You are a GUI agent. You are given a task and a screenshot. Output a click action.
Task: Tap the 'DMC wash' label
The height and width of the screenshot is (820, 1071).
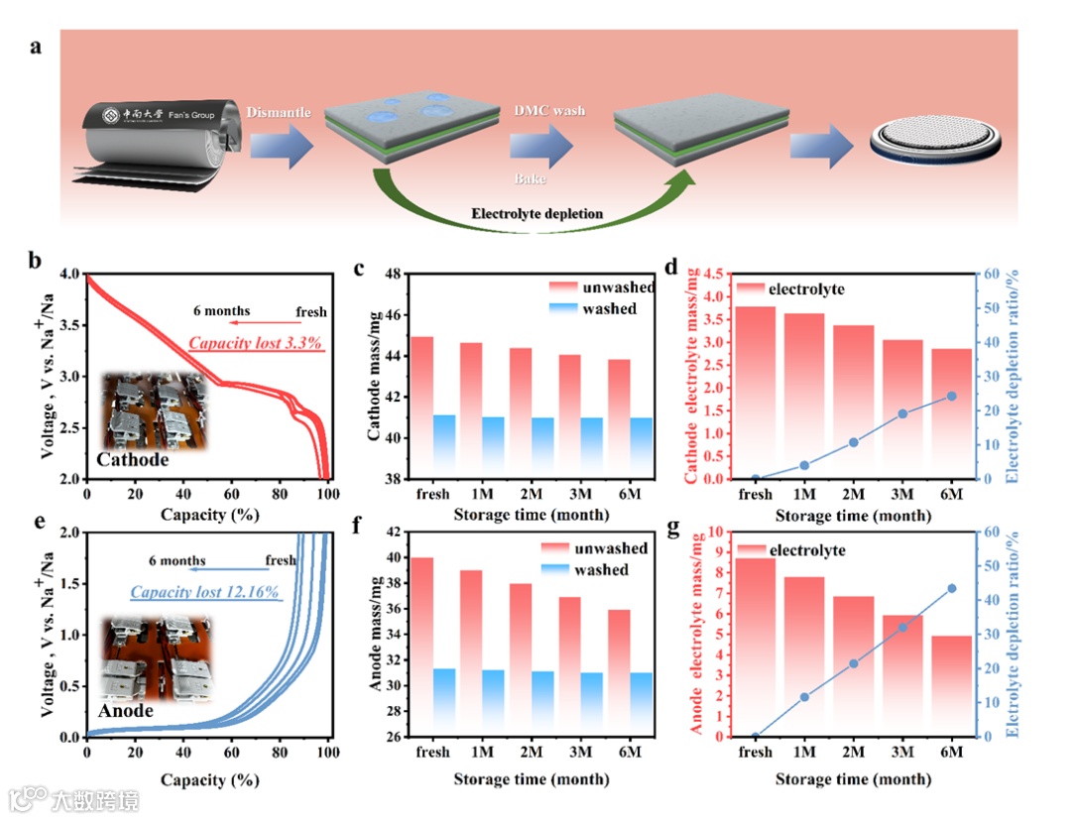click(x=548, y=111)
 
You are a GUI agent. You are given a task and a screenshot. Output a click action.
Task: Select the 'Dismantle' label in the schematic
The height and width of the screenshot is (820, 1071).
click(x=278, y=112)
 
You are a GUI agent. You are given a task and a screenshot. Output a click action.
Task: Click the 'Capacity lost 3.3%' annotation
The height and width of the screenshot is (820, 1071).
click(x=256, y=344)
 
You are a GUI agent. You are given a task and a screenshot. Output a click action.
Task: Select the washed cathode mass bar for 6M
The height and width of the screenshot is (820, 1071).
click(x=642, y=447)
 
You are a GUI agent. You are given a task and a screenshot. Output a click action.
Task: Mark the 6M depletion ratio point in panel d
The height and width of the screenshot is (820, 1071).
click(x=951, y=396)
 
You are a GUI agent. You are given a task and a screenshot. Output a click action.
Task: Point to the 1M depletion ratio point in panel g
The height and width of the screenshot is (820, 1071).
click(x=804, y=697)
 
